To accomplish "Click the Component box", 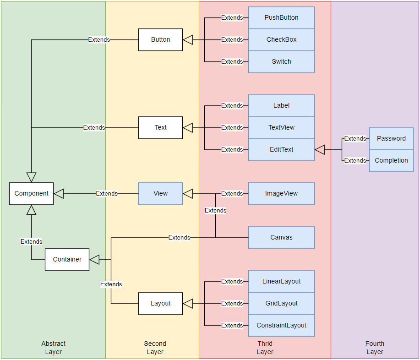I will click(31, 193).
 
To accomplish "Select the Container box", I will click(67, 259).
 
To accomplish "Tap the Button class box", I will click(160, 39).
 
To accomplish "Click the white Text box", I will click(160, 127).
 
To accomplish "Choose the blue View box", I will click(160, 193).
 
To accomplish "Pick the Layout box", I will click(160, 303).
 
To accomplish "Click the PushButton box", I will click(281, 17).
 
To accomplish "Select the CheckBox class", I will click(281, 39).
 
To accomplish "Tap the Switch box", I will click(281, 61).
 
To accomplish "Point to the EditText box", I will click(281, 149).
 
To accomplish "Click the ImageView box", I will click(281, 193).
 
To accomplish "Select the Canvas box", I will click(281, 237).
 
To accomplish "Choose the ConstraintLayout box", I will click(281, 325).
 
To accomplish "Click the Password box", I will click(391, 138).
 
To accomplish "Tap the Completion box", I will click(391, 160).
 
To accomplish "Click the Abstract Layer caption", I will click(54, 348).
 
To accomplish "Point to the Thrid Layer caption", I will click(265, 348).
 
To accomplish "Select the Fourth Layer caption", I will click(375, 348).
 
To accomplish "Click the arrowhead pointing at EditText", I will click(320, 149).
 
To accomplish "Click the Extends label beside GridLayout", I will click(232, 303).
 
